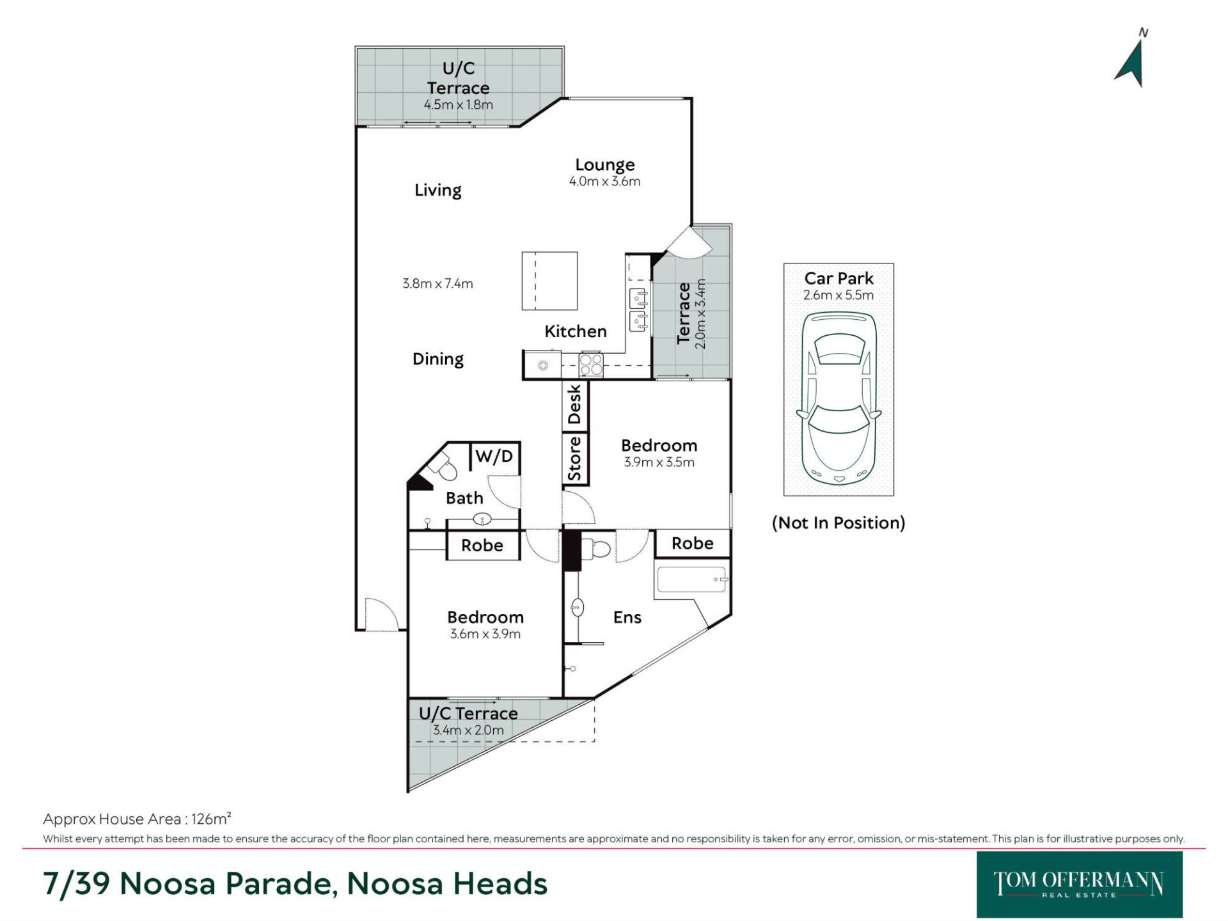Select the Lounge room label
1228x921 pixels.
604,164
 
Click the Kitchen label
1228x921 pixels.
576,331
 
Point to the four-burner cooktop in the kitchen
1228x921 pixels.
590,365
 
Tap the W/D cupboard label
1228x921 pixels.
494,457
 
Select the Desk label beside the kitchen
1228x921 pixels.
574,404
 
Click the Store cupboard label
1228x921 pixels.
574,459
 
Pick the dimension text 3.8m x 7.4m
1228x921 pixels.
437,283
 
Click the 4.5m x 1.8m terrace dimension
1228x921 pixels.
459,105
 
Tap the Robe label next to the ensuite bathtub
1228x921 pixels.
693,544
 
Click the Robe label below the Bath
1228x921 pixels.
482,546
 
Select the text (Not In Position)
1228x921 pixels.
838,523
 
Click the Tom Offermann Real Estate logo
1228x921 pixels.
1079,884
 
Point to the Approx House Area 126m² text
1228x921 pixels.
137,819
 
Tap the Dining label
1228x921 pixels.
438,359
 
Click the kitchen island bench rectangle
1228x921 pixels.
549,281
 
